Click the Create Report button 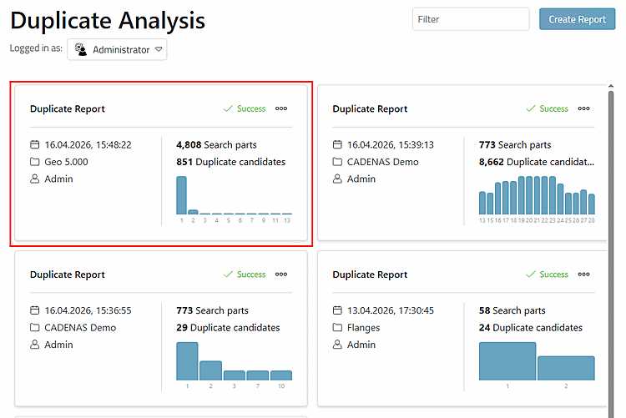coord(577,19)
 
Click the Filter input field coord(471,19)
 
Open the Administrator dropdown coord(117,49)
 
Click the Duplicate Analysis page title coord(108,21)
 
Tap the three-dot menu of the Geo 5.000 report coord(281,108)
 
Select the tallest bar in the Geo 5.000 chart coord(181,195)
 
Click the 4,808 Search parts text coord(216,144)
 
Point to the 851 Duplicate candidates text coord(230,162)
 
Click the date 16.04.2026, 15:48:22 coord(88,144)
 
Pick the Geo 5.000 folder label coord(66,162)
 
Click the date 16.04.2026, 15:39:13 coord(391,144)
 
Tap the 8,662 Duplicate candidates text coord(537,162)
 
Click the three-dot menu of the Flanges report coord(583,274)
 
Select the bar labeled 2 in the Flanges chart coord(566,368)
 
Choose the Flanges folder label coord(363,328)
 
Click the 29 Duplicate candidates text coord(228,327)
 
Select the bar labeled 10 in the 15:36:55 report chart coord(281,375)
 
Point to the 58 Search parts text coord(512,310)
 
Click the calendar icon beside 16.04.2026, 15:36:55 coord(35,310)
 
